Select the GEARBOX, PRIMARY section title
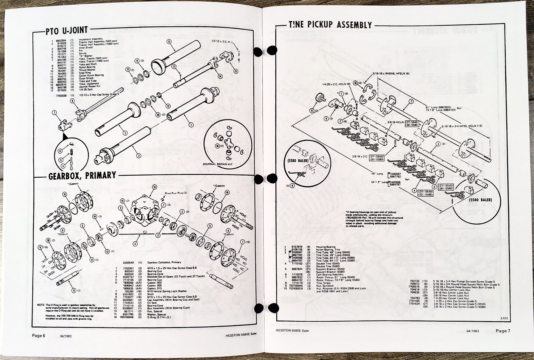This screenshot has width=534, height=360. click(82, 175)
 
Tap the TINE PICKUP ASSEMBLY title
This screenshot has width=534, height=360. click(330, 25)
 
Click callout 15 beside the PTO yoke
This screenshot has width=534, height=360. click(236, 71)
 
